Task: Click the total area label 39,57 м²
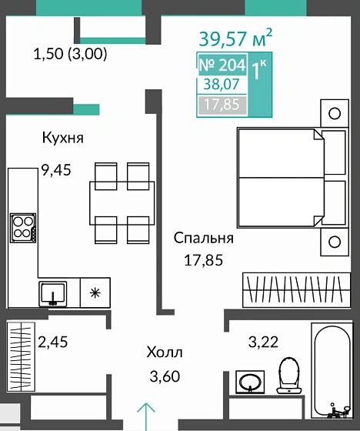[235, 38]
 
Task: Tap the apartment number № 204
[222, 65]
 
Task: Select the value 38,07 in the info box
[222, 84]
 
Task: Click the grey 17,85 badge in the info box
[222, 105]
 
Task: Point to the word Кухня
[62, 138]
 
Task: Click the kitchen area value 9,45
[56, 170]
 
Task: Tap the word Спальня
[204, 238]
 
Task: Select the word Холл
[165, 352]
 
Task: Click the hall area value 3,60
[165, 376]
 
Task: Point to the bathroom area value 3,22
[263, 342]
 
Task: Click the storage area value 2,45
[52, 342]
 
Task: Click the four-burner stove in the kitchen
[23, 228]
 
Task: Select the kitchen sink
[53, 293]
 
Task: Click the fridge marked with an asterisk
[95, 292]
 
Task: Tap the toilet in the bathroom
[288, 375]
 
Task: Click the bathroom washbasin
[250, 382]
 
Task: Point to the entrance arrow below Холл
[146, 416]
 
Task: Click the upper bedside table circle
[335, 113]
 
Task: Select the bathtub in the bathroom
[332, 371]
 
